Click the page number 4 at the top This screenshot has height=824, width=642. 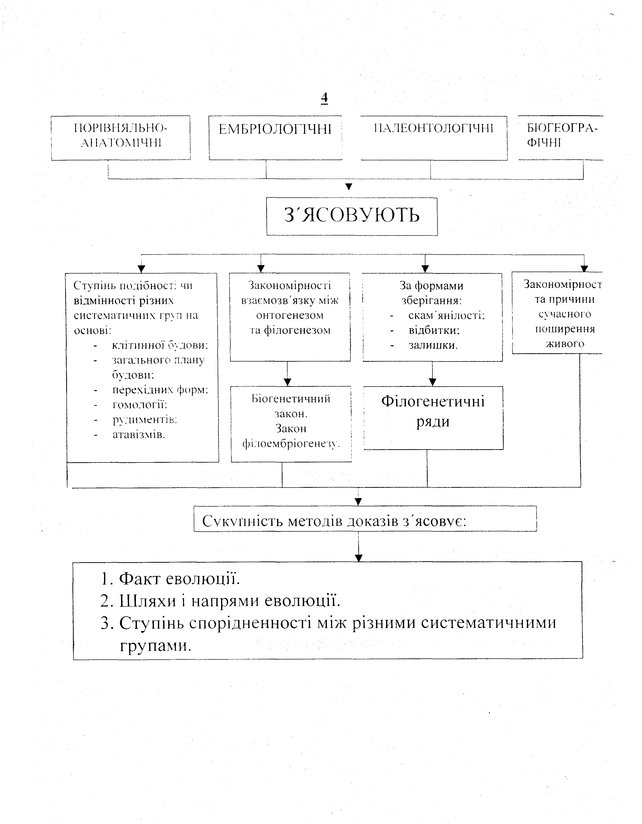tap(324, 98)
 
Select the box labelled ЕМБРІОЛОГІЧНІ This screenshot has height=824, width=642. tap(275, 138)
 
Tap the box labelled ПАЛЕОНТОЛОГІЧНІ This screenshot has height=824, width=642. tap(434, 138)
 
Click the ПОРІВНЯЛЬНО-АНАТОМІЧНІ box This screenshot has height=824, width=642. tap(121, 138)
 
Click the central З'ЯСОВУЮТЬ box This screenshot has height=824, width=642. tap(352, 216)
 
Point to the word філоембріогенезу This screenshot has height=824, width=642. tap(291, 444)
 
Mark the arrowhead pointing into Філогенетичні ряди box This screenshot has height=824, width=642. tap(433, 382)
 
